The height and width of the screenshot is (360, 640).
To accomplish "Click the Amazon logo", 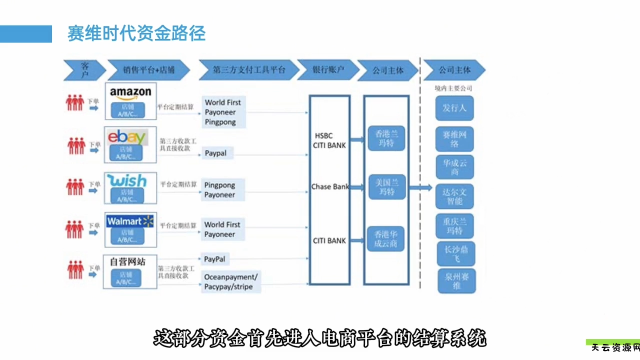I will point(130,93).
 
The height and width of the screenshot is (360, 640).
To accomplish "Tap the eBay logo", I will point(127,136).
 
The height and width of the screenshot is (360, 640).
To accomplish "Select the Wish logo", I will point(127,180).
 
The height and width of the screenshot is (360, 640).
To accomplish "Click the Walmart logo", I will point(130,221).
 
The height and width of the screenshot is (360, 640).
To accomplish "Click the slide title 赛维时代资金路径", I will point(136,33).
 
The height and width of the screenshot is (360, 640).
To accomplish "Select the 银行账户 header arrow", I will point(327,70).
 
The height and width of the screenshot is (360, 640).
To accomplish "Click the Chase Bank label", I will point(330,186).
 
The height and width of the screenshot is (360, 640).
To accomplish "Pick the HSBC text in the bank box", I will point(323,135).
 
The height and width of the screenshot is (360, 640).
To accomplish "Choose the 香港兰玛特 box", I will point(386,138).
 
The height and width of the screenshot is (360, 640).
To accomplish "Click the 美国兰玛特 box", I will point(386,187).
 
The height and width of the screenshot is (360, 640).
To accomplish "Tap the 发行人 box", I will point(454,108).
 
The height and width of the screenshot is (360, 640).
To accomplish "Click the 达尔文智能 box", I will point(454,196).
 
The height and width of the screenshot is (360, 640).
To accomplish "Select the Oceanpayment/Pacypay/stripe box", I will point(231,282).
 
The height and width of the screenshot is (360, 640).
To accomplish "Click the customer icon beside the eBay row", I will point(76,145).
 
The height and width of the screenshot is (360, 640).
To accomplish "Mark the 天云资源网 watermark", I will point(614,348).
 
